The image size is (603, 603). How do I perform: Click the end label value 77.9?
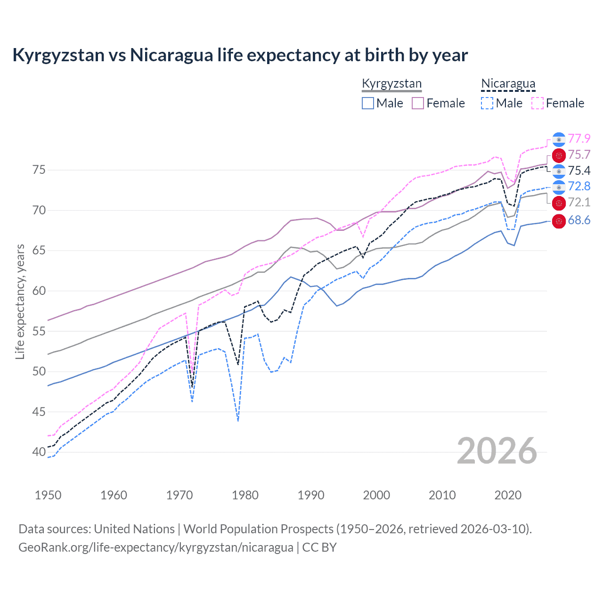579,139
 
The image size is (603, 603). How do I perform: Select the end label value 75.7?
579,155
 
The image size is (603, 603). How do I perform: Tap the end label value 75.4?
579,171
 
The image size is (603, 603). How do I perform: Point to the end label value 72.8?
579,186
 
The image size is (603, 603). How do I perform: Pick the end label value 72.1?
579,202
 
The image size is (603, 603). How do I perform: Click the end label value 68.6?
579,220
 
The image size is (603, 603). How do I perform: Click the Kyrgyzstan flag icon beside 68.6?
559,220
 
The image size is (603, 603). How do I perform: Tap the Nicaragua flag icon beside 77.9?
559,139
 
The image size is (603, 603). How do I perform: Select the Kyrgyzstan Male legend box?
368,103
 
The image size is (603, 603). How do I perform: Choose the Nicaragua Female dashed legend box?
538,103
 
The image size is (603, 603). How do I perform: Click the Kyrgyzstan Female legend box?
418,103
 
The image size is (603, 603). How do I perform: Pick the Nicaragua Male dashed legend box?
487,103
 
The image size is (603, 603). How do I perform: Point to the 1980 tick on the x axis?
245,495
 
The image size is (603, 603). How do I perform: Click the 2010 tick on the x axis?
442,495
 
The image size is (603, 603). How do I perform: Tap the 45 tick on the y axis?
39,412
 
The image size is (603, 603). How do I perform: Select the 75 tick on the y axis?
39,170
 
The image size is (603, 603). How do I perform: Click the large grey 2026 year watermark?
497,451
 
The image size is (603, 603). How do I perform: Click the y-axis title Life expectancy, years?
20,301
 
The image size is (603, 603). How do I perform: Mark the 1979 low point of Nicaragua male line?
238,420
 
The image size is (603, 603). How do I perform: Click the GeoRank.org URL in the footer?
155,547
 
